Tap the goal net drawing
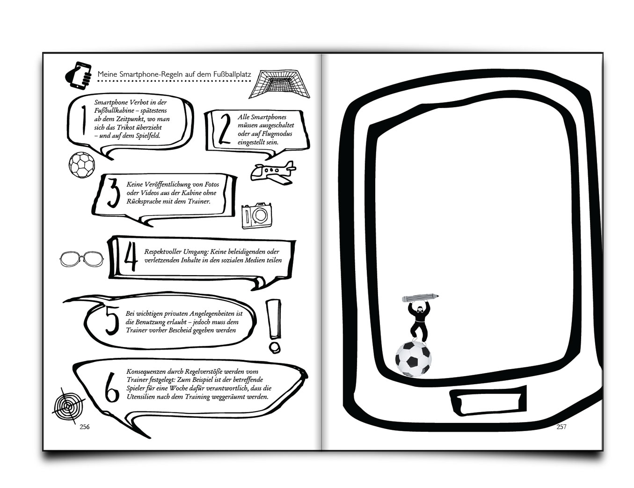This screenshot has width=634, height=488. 279,84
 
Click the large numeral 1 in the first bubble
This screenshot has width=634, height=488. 84,120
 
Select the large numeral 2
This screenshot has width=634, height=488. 225,129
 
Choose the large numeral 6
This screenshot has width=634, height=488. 112,388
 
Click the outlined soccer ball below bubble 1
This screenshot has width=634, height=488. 82,165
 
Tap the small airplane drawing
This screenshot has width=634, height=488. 273,172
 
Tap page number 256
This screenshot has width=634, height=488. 85,427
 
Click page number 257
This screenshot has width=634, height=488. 561,427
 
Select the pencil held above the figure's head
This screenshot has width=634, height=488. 421,298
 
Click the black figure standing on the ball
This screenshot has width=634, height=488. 419,321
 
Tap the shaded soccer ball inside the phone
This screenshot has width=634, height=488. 414,359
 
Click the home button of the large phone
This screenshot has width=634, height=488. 488,399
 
